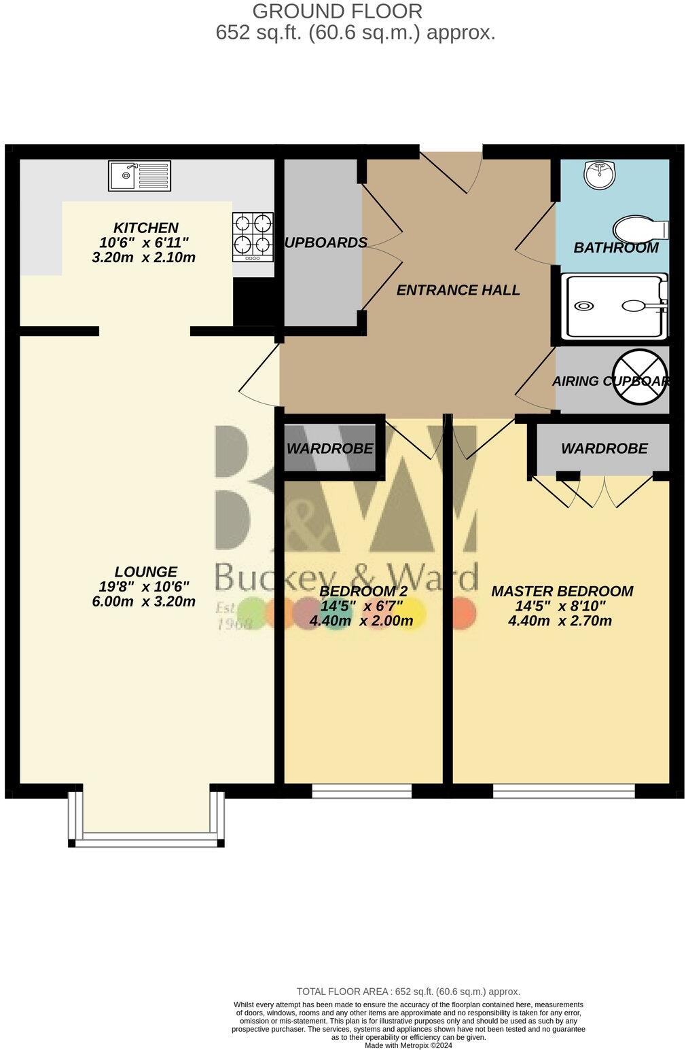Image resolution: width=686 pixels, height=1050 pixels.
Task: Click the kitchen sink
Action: (139, 176)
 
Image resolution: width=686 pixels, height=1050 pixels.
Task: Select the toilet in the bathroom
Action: (638, 228)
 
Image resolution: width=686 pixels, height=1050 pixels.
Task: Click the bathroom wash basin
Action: (599, 174)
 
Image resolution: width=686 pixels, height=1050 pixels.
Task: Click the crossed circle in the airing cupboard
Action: (641, 377)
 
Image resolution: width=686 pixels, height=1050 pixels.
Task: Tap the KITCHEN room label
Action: (145, 228)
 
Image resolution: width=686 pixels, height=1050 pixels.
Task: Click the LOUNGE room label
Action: (145, 572)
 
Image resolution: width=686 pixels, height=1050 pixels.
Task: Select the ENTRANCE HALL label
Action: (458, 290)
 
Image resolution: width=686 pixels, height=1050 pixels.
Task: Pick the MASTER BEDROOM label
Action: (562, 592)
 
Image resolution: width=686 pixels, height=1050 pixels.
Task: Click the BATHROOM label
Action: (616, 248)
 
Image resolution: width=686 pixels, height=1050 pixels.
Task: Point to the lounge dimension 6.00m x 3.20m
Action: (144, 601)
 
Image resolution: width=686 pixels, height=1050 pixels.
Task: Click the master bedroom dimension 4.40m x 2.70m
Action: (560, 621)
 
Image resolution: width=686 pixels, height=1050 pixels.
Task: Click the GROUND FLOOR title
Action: (337, 11)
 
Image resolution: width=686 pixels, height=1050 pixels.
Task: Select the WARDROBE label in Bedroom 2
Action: (329, 448)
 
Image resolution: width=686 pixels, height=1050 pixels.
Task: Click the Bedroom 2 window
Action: (361, 791)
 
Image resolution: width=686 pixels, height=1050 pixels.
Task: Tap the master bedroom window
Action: (564, 791)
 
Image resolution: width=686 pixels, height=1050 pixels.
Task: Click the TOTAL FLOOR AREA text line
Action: (408, 992)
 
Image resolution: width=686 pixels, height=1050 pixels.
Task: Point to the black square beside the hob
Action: (253, 301)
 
